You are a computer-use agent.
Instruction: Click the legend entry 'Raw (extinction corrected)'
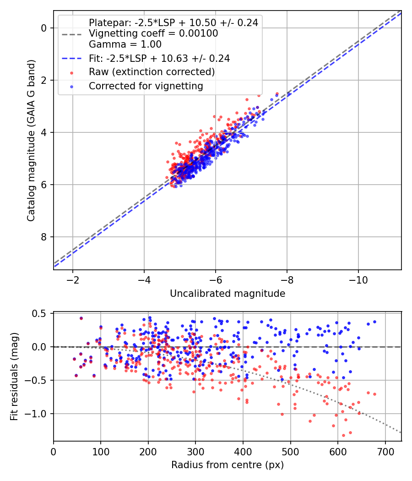(x=152, y=72)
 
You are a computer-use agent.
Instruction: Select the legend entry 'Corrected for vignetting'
(x=146, y=86)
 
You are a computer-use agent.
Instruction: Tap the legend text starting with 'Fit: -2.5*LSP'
(x=159, y=58)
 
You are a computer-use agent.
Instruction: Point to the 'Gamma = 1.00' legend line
(x=125, y=44)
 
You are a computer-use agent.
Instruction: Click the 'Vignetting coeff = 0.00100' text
(x=153, y=33)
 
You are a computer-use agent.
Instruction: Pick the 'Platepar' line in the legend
(x=173, y=22)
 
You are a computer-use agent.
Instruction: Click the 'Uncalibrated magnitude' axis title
(x=228, y=294)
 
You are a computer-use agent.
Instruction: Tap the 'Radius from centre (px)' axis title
(x=228, y=465)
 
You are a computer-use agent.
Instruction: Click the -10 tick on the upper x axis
(x=358, y=280)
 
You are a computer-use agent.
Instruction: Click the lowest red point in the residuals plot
(x=343, y=435)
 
